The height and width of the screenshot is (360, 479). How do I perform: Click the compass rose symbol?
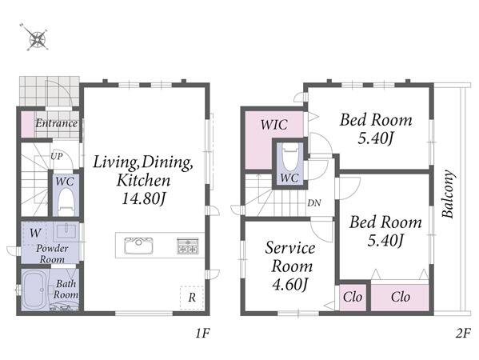pyautogui.click(x=36, y=38)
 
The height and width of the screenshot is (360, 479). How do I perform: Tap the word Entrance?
pyautogui.click(x=57, y=123)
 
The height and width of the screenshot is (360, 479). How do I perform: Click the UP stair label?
pyautogui.click(x=56, y=157)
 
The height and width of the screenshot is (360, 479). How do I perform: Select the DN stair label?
pyautogui.click(x=314, y=202)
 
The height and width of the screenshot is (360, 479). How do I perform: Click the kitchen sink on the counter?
pyautogui.click(x=138, y=245)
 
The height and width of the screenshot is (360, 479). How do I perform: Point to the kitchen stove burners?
pyautogui.click(x=188, y=246)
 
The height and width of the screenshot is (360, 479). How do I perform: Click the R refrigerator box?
pyautogui.click(x=192, y=298)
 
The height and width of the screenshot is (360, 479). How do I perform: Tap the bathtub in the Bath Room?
pyautogui.click(x=34, y=290)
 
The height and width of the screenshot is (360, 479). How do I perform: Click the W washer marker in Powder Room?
pyautogui.click(x=34, y=233)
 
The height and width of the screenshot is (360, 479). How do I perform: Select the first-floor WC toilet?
pyautogui.click(x=66, y=201)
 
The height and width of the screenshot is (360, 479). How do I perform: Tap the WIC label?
pyautogui.click(x=274, y=125)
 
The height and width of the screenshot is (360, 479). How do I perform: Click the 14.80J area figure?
pyautogui.click(x=144, y=199)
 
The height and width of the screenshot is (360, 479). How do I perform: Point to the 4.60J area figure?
pyautogui.click(x=289, y=285)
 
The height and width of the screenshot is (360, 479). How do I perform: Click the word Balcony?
pyautogui.click(x=449, y=194)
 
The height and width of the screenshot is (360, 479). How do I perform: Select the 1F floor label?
pyautogui.click(x=202, y=334)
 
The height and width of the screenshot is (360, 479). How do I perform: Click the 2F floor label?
pyautogui.click(x=463, y=334)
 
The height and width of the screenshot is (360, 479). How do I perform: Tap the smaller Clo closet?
pyautogui.click(x=353, y=298)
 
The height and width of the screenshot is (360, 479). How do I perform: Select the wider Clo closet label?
pyautogui.click(x=400, y=297)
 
